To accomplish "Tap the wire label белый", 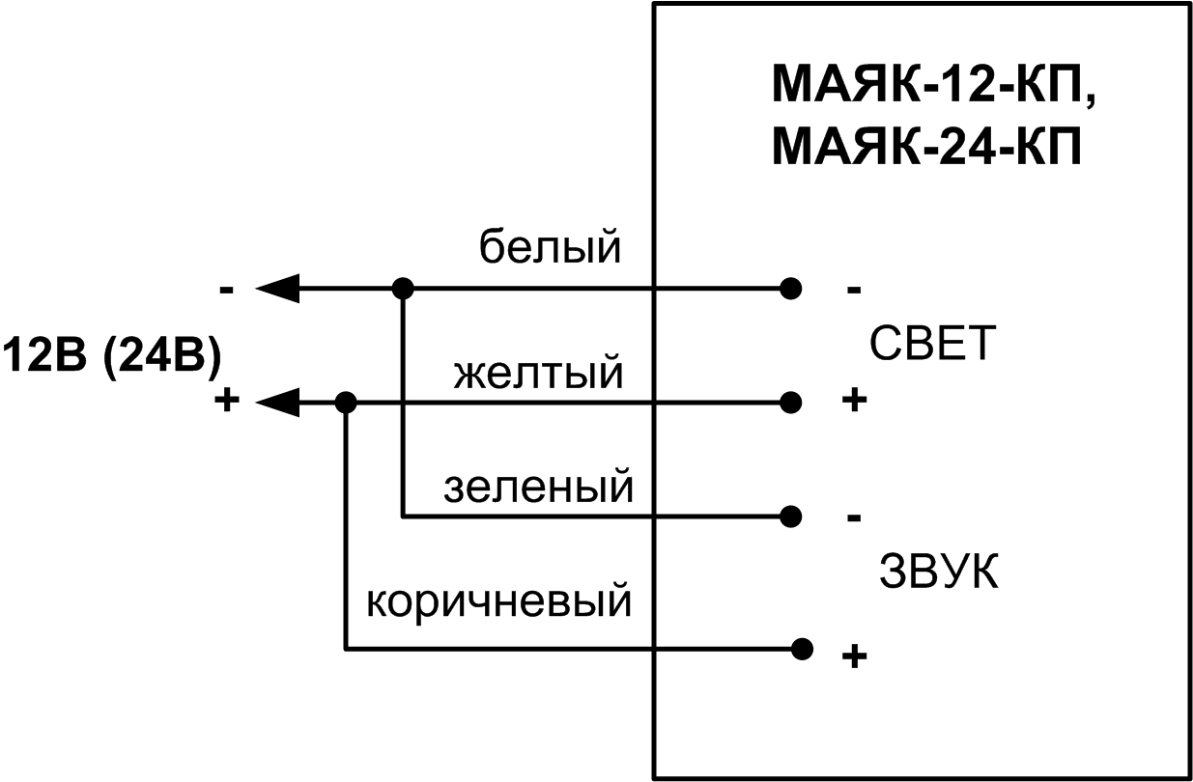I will tap(551, 249).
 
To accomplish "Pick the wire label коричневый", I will tap(498, 602).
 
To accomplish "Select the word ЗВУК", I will tap(938, 573).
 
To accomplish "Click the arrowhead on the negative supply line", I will tap(277, 288).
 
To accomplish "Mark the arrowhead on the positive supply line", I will tap(277, 402).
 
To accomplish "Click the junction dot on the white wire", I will tap(404, 288).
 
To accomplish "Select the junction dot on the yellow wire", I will tap(346, 402).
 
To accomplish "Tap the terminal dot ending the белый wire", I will tap(791, 288).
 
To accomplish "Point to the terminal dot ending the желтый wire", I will tap(791, 402).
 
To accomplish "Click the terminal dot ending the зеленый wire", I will tap(791, 517).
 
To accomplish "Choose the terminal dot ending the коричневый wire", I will tap(800, 648).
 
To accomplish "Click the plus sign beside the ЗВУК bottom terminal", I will tap(853, 657).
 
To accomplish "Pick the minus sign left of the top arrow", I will tap(226, 289).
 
